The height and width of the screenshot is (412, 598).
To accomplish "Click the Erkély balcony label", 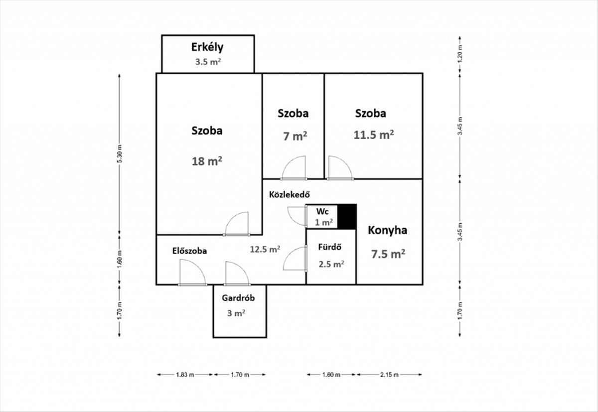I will coord(207,47).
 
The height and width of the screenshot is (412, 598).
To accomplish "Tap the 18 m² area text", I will coord(207,161).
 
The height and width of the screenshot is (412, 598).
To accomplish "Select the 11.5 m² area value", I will coord(374,135).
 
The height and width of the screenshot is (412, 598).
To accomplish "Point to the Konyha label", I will coord(388,230).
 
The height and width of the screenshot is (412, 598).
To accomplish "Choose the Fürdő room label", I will coord(330,247).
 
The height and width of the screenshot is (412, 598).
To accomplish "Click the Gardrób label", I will coord(238,298).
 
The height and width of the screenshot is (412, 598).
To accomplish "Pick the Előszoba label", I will coord(189,251).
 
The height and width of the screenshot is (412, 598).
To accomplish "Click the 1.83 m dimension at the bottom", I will coord(185,375).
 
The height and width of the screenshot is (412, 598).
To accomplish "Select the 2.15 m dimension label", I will coord(389,375).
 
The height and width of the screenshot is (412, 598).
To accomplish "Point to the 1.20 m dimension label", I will coord(460,53).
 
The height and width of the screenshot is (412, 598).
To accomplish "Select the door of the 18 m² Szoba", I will coord(237,224).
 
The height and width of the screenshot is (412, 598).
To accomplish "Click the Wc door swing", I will coord(297,216).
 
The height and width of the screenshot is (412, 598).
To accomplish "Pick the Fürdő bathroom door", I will coord(295,259).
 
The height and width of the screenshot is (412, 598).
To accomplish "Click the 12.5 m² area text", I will coord(265,250).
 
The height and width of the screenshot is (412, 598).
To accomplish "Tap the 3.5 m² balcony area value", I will coord(208,63).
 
